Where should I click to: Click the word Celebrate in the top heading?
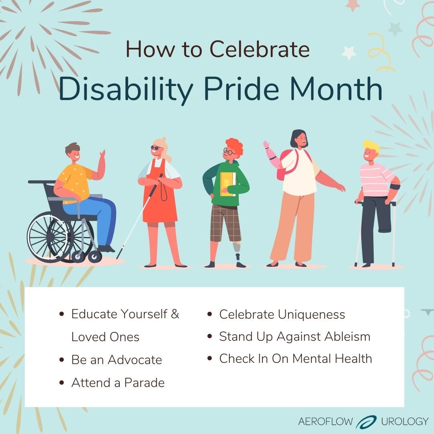260,49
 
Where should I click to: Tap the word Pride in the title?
242,88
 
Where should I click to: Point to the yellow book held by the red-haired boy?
228,184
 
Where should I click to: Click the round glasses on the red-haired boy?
229,151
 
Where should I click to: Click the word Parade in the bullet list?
144,383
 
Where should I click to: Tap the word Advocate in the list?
135,360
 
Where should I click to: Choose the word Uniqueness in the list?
311,315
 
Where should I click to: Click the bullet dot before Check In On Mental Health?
209,359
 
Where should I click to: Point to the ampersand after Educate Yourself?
175,314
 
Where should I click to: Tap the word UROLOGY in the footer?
405,422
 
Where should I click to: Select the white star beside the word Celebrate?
349,53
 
